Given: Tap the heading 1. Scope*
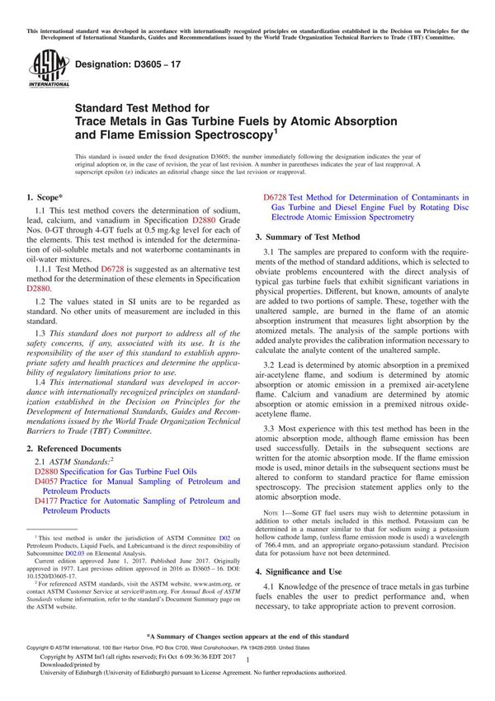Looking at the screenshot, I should coord(45,198).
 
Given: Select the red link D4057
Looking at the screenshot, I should coord(47,481).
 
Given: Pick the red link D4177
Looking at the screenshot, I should coord(47,501).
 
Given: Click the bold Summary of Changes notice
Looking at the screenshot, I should coord(247,637).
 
